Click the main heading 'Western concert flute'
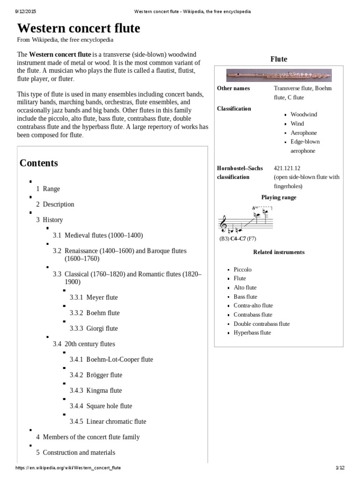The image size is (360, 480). (x=78, y=28)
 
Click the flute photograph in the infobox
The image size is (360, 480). (x=278, y=75)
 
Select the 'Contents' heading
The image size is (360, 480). (x=39, y=163)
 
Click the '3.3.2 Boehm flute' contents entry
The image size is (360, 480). (x=95, y=313)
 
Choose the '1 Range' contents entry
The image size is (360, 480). (x=48, y=189)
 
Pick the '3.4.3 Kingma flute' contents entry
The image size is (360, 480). (x=96, y=390)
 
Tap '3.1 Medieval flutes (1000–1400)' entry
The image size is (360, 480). (x=97, y=235)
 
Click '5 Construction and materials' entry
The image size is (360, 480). (x=75, y=452)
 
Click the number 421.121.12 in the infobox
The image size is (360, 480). (x=287, y=168)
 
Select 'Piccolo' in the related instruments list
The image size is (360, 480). (x=242, y=270)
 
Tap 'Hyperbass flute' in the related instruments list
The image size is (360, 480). (x=252, y=333)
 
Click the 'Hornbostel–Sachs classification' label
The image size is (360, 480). (x=240, y=172)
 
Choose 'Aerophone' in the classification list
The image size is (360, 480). (x=303, y=133)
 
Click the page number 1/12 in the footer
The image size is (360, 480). (x=340, y=468)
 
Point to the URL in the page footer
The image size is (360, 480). (x=67, y=468)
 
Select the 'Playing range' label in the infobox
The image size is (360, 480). (x=278, y=197)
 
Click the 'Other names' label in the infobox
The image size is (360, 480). (x=233, y=89)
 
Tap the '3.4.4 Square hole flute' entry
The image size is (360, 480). (x=101, y=406)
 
